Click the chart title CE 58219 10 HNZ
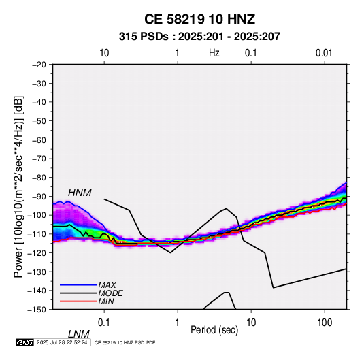pyautogui.click(x=199, y=19)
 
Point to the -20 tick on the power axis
pyautogui.click(x=39, y=65)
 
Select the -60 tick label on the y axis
pyautogui.click(x=39, y=140)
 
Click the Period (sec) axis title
pyautogui.click(x=214, y=330)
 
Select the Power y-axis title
pyautogui.click(x=18, y=187)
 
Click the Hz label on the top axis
pyautogui.click(x=214, y=53)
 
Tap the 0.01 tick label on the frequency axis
pyautogui.click(x=324, y=53)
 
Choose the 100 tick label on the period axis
pyautogui.click(x=325, y=323)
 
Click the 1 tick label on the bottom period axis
pyautogui.click(x=178, y=323)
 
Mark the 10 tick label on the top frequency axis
pyautogui.click(x=104, y=53)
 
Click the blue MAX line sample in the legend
pyautogui.click(x=78, y=284)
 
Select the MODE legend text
pyautogui.click(x=110, y=293)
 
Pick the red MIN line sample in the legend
pyautogui.click(x=78, y=301)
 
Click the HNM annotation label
pyautogui.click(x=80, y=193)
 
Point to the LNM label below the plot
pyautogui.click(x=79, y=334)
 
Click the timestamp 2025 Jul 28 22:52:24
pyautogui.click(x=62, y=342)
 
